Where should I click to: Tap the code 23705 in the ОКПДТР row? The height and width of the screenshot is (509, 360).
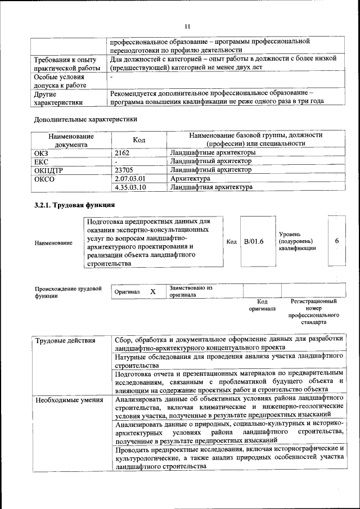click(x=125, y=169)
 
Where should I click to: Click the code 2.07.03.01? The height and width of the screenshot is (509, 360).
click(x=130, y=178)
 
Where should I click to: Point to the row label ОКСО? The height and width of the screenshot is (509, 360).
click(x=44, y=178)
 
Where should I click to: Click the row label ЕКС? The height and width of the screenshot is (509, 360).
click(x=42, y=161)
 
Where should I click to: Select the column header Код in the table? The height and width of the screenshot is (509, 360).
click(x=139, y=140)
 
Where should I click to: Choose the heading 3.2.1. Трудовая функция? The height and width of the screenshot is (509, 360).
click(x=75, y=205)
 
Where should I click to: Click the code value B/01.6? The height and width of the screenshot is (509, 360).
click(x=254, y=241)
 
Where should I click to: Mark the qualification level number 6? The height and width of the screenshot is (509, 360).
click(x=336, y=241)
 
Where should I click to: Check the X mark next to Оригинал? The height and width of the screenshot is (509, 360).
click(x=152, y=292)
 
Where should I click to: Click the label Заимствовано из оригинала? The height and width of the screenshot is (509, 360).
click(x=190, y=291)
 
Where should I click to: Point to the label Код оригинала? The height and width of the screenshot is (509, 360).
click(x=262, y=305)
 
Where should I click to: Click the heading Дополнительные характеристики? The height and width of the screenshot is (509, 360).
click(x=85, y=119)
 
